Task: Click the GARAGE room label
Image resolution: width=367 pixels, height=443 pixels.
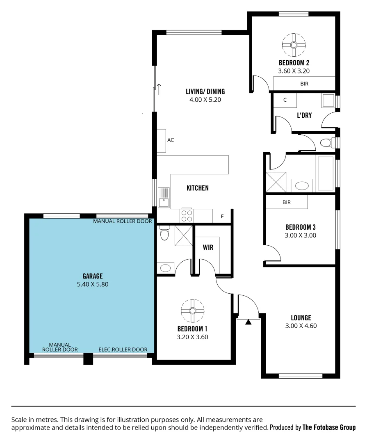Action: click(92, 276)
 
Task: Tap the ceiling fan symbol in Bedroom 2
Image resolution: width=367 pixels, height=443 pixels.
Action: click(294, 44)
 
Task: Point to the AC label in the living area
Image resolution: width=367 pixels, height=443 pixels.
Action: click(171, 140)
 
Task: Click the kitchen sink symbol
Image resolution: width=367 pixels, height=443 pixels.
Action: click(164, 197)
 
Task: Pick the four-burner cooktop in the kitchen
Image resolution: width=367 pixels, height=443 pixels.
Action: click(187, 216)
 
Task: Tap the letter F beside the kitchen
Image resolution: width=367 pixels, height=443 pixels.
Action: click(222, 216)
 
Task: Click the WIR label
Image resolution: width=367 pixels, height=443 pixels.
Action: click(208, 248)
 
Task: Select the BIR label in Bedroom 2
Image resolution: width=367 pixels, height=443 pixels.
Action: click(304, 84)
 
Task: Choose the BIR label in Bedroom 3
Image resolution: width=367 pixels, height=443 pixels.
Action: click(287, 202)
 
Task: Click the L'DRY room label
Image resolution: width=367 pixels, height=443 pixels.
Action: click(304, 115)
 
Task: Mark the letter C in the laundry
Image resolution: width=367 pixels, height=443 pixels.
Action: click(285, 100)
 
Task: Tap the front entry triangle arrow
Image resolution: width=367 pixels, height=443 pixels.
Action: click(248, 322)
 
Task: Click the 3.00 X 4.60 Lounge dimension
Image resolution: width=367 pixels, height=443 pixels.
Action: click(301, 326)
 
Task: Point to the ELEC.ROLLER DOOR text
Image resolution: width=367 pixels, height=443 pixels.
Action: click(123, 349)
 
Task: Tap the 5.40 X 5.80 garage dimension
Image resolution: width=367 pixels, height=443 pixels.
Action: click(92, 284)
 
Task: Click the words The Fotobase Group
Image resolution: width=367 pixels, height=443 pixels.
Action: click(329, 427)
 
